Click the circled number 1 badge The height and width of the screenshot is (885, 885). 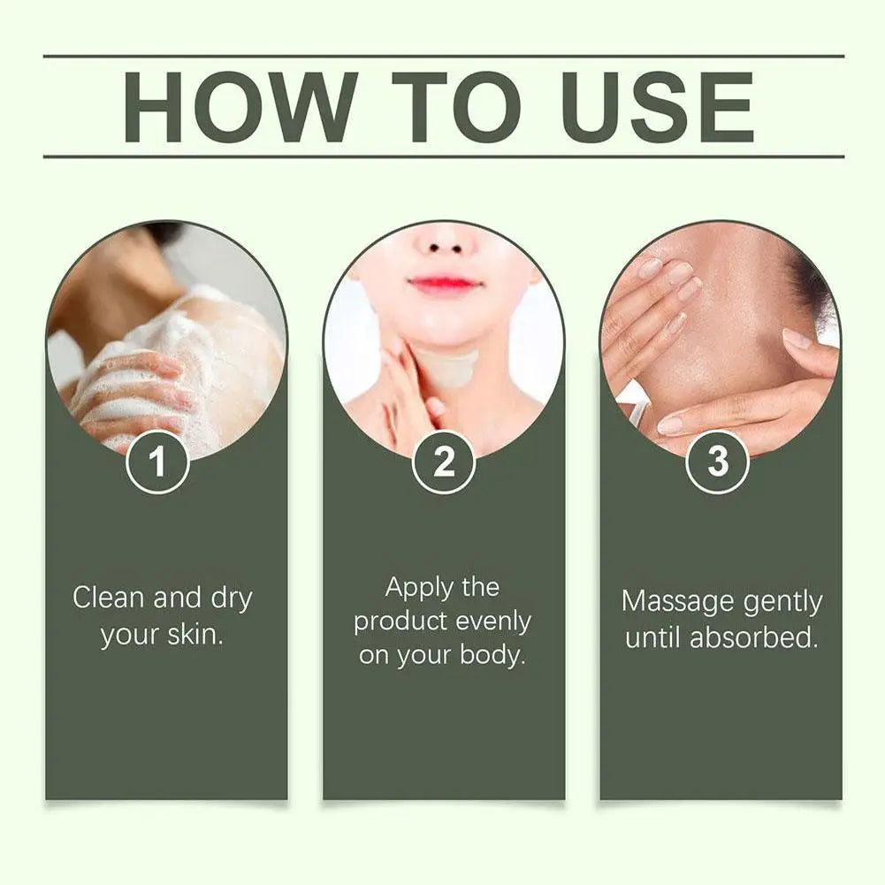(x=157, y=462)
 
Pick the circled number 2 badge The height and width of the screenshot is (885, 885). (x=444, y=462)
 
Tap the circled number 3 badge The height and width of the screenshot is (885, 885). (x=717, y=462)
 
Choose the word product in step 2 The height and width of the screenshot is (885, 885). (x=401, y=622)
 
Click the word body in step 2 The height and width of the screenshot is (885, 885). (x=492, y=655)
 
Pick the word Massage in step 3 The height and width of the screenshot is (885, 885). (x=676, y=602)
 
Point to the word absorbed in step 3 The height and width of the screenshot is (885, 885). (x=754, y=637)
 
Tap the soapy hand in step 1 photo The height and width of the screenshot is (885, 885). (x=133, y=389)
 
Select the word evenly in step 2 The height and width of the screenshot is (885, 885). (x=493, y=622)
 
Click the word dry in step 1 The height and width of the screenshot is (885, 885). (x=232, y=599)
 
